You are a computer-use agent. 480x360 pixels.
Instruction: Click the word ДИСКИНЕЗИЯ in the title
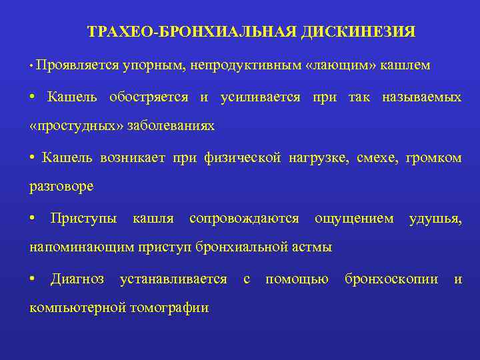pyautogui.click(x=358, y=32)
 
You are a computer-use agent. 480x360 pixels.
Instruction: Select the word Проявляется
pyautogui.click(x=78, y=65)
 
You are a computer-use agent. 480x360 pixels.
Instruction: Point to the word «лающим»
pyautogui.click(x=341, y=65)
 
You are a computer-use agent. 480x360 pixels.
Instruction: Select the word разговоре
pyautogui.click(x=62, y=186)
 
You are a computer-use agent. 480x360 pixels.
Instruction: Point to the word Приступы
pyautogui.click(x=84, y=218)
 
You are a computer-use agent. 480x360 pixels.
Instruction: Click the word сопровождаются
pyautogui.click(x=243, y=218)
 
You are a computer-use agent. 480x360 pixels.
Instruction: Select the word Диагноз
pyautogui.click(x=77, y=279)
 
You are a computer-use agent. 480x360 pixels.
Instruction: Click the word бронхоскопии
pyautogui.click(x=391, y=279)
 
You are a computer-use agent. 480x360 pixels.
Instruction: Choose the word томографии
pyautogui.click(x=169, y=307)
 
